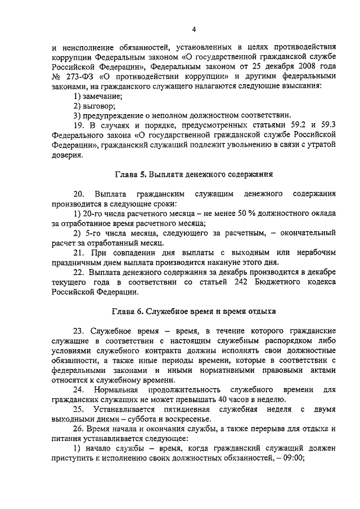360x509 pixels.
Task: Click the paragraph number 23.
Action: [x=80, y=331]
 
